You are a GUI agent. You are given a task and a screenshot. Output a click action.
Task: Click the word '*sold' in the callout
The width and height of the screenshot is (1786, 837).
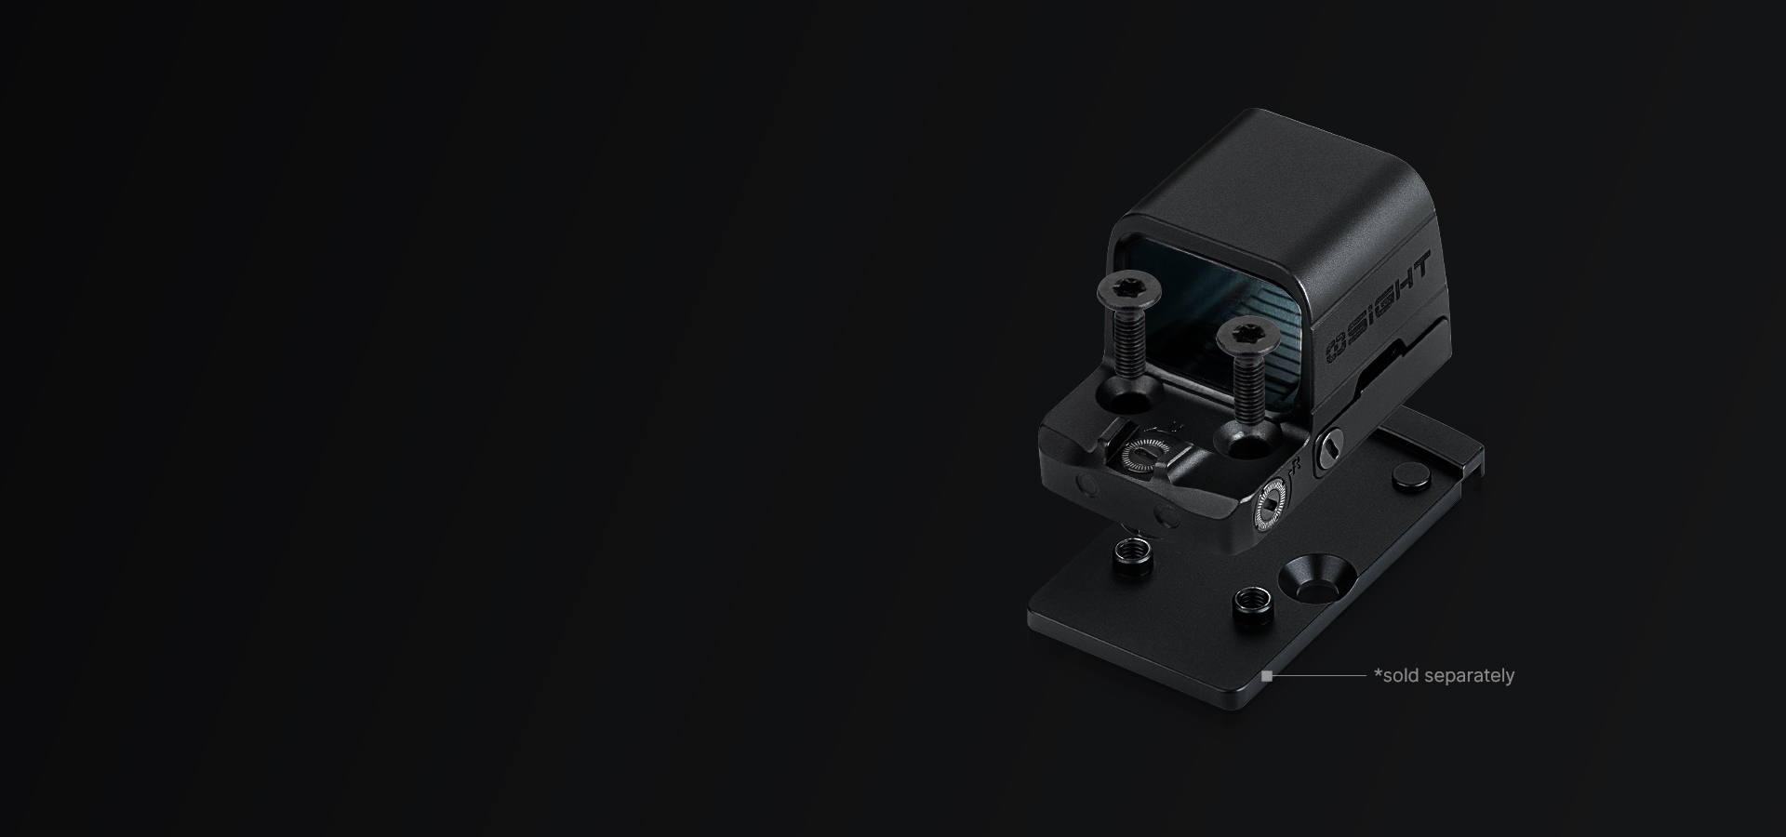pyautogui.click(x=1395, y=675)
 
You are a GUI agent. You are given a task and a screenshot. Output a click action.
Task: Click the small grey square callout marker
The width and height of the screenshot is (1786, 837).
pyautogui.click(x=1266, y=676)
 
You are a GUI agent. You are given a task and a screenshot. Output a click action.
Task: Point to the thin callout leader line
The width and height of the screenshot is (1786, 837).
pyautogui.click(x=1318, y=676)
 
